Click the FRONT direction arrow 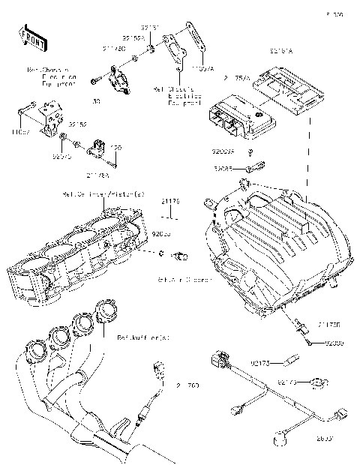(x=29, y=37)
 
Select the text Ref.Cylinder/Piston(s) (x=104, y=193)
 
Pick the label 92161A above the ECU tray (x=280, y=52)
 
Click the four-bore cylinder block (x=75, y=251)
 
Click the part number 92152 (x=78, y=123)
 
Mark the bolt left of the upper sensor (x=95, y=80)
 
